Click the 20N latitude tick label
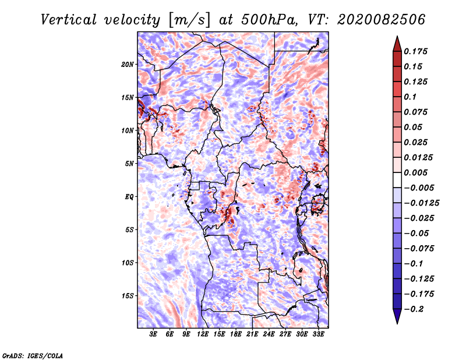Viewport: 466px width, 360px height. point(128,65)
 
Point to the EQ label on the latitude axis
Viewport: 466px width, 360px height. point(129,197)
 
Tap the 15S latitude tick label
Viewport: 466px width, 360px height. point(128,296)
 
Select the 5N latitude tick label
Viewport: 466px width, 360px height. point(129,164)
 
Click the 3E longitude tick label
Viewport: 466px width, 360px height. point(153,334)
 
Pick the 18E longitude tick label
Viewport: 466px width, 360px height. point(236,334)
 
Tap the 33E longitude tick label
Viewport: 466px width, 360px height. point(318,334)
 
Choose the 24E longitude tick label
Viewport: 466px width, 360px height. point(269,334)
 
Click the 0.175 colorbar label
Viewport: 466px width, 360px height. point(415,51)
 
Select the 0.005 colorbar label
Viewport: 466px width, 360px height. point(415,172)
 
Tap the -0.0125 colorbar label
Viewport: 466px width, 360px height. point(421,203)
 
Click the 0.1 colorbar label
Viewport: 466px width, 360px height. point(410,97)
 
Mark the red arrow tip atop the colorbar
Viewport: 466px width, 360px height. point(397,36)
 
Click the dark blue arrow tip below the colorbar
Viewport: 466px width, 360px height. point(397,323)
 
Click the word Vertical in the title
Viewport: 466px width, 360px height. point(69,20)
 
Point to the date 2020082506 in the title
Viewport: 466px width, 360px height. point(381,20)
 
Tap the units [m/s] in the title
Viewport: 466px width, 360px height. point(189,20)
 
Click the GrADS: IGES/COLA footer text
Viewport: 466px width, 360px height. point(33,355)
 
